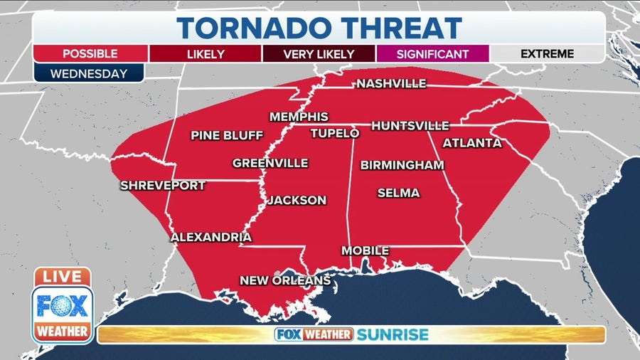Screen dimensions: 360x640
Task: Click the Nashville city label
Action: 391,84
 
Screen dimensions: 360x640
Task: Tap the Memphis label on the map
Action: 299,117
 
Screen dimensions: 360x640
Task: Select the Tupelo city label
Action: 334,133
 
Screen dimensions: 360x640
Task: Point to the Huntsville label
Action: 410,126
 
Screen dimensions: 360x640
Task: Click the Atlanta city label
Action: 472,143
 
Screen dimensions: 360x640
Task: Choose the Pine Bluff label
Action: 227,135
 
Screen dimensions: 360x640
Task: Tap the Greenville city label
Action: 270,163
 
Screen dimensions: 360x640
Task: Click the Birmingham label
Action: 402,165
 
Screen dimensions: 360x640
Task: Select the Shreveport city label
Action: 163,186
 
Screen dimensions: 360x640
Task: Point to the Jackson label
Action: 297,201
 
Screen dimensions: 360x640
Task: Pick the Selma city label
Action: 398,193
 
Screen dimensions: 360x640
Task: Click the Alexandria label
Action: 211,237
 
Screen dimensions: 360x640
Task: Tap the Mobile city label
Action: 365,250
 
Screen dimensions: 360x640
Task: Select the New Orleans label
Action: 285,280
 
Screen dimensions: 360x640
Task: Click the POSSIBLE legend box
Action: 90,53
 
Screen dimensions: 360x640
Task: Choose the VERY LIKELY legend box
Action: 318,53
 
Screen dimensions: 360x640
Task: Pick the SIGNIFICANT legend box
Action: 433,53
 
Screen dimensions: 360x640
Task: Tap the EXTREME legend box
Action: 548,53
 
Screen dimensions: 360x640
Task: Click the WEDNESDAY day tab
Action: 89,73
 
